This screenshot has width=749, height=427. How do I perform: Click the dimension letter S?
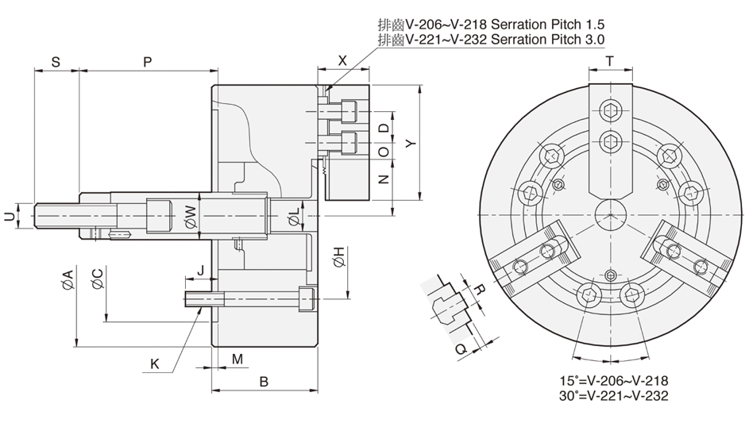pyautogui.click(x=56, y=61)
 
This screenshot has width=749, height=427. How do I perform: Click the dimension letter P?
pyautogui.click(x=148, y=61)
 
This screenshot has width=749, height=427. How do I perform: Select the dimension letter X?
pyautogui.click(x=342, y=60)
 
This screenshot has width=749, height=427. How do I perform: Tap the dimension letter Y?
pyautogui.click(x=409, y=144)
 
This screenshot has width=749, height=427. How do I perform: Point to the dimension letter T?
pyautogui.click(x=609, y=60)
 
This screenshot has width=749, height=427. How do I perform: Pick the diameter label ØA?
pyautogui.click(x=68, y=279)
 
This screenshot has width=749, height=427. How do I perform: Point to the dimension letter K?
pyautogui.click(x=155, y=364)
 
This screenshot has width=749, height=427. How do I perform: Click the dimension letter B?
pyautogui.click(x=264, y=382)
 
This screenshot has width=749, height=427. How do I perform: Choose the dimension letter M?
pyautogui.click(x=237, y=360)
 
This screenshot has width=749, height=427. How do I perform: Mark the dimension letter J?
pyautogui.click(x=201, y=270)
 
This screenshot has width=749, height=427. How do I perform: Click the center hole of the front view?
pyautogui.click(x=609, y=213)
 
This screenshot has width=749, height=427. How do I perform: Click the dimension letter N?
pyautogui.click(x=383, y=179)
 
